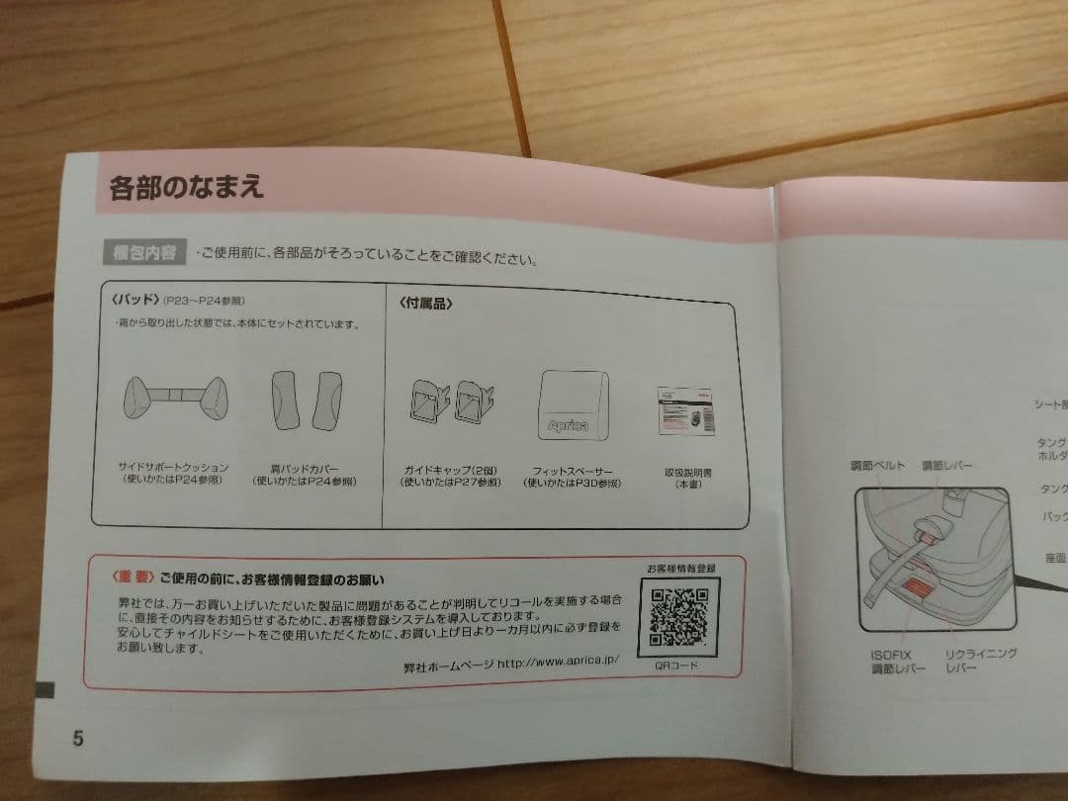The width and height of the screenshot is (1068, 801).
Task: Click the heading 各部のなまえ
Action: coord(187,187)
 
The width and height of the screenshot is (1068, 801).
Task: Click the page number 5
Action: coord(78,739)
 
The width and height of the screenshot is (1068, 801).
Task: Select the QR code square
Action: coord(679,618)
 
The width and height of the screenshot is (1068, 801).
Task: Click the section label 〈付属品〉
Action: coord(426,304)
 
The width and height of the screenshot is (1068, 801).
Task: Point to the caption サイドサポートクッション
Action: coord(173,467)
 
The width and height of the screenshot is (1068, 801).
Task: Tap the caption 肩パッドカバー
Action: coord(305,468)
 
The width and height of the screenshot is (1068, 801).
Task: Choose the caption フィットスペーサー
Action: coord(573,471)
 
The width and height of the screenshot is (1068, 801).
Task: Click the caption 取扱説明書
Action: coord(687,472)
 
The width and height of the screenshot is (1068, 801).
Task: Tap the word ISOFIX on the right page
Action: coord(890,654)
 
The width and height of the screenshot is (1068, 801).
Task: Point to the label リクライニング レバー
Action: coord(980,662)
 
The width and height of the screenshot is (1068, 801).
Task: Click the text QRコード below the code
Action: coord(676,666)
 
